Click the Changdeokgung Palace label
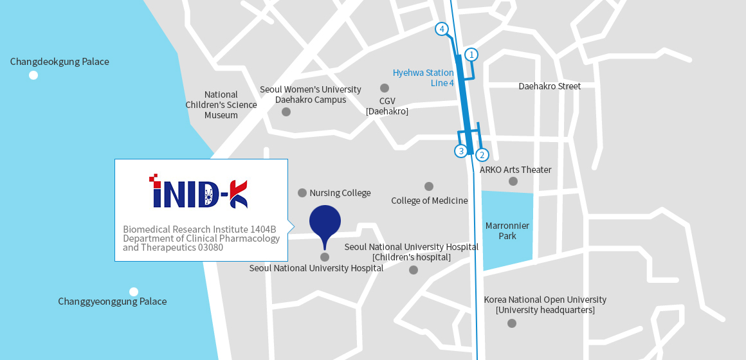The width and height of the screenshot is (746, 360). click(x=59, y=62)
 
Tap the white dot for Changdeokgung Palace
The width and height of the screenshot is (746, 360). click(x=33, y=75)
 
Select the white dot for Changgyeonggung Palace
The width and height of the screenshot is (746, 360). click(x=134, y=292)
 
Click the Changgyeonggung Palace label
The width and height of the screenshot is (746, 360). click(x=112, y=301)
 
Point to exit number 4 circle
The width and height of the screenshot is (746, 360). click(x=441, y=29)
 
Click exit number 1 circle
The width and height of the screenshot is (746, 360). click(x=471, y=55)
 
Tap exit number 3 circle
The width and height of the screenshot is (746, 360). click(x=460, y=151)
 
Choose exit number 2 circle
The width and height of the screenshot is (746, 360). click(x=482, y=155)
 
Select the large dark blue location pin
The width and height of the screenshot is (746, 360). click(x=325, y=222)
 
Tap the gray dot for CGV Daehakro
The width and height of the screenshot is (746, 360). click(x=385, y=88)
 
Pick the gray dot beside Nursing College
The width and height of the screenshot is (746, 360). click(x=302, y=193)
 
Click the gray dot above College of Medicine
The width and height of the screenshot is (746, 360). click(x=429, y=186)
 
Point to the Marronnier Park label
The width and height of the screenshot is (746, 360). click(x=507, y=231)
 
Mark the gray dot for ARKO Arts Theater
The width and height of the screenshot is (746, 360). click(x=513, y=181)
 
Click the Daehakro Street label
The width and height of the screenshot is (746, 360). click(x=549, y=86)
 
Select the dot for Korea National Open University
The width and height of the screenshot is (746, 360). click(x=512, y=323)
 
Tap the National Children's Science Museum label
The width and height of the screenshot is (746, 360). click(x=221, y=105)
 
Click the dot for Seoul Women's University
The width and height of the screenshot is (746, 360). click(x=286, y=112)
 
